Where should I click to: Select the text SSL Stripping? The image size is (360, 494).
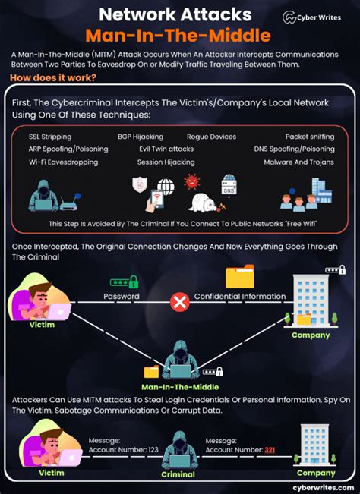51,137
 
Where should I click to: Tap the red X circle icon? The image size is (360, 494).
179,303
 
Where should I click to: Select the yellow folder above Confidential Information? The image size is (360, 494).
240,277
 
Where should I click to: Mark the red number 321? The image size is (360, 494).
270,450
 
